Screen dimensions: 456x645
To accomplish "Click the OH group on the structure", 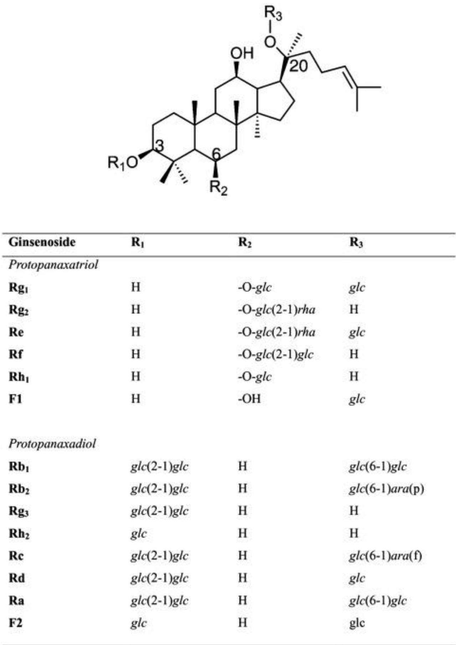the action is tap(242, 53).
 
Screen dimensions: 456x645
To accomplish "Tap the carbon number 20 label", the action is tap(298, 66).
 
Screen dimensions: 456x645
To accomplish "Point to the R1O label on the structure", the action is tap(123, 162).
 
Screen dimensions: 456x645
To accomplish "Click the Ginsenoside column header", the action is tap(42, 242).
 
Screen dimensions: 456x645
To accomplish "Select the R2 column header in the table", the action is tap(245, 243).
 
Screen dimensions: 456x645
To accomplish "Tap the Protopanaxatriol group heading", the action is tap(53, 265).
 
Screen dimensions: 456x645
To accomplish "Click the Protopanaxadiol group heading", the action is tap(52, 444).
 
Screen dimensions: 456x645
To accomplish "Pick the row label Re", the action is tap(16, 332).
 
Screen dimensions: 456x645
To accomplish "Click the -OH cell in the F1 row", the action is tap(249, 399).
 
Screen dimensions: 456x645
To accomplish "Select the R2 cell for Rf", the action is tap(276, 355).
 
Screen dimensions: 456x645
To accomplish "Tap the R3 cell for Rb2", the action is tap(387, 489).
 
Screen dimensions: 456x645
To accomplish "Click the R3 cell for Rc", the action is tap(385, 556).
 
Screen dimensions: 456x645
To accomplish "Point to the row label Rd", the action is tap(17, 578).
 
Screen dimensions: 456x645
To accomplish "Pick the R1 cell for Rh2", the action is tap(139, 533).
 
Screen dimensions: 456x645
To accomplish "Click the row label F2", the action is tap(15, 623).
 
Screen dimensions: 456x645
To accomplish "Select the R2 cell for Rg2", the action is tap(277, 310).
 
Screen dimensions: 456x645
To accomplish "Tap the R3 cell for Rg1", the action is tap(357, 288).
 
